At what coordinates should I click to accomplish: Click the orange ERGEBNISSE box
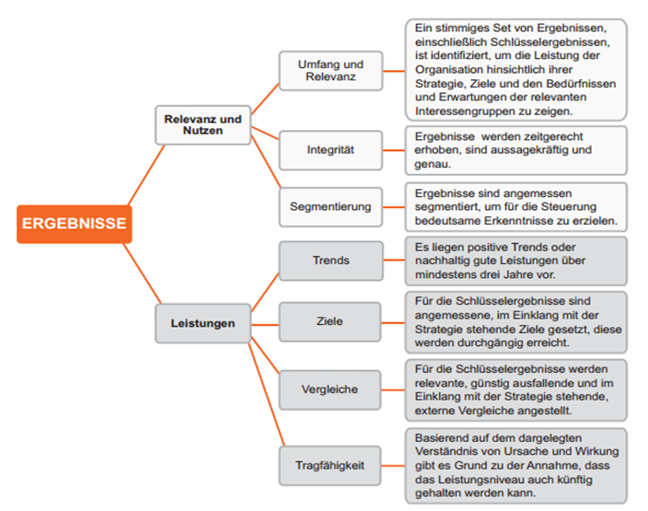pos(75,224)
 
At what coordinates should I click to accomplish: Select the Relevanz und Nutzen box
pos(202,125)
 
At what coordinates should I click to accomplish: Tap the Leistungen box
pos(202,323)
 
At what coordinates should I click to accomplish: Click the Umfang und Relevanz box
pos(330,71)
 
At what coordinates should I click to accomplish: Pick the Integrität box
pos(330,150)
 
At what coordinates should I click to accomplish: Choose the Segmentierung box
pos(330,207)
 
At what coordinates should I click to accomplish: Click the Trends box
pos(330,261)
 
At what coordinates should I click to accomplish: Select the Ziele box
pos(330,321)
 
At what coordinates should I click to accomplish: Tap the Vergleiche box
pos(330,389)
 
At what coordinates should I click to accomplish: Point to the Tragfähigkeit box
pos(330,466)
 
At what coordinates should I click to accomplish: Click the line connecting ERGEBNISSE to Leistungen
pos(142,273)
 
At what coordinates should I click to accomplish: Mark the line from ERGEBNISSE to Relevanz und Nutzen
pos(146,174)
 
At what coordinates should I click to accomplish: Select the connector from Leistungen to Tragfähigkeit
pos(266,394)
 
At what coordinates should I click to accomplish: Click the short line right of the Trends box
pos(394,260)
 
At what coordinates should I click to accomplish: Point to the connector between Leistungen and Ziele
pos(265,325)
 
